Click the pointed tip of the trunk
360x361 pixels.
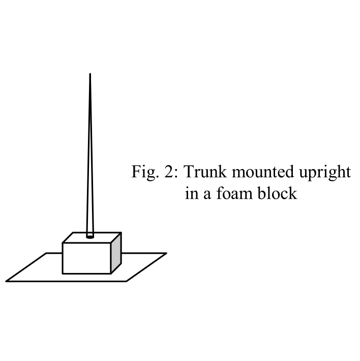point(90,75)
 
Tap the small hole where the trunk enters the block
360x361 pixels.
point(91,236)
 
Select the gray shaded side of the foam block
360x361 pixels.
point(116,254)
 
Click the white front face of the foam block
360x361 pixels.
point(86,258)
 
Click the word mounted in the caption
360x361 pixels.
point(256,172)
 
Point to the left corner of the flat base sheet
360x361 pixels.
point(7,281)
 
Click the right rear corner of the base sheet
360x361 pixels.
point(166,253)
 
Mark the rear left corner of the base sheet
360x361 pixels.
point(47,253)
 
